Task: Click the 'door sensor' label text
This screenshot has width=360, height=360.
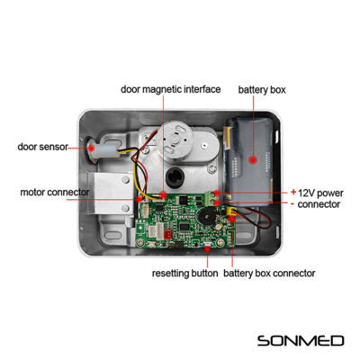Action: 43,147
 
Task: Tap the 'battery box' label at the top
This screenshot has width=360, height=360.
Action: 262,90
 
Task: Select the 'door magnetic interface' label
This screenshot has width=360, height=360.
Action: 170,89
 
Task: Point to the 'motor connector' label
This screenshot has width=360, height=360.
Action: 55,193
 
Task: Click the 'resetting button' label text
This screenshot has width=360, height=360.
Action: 184,274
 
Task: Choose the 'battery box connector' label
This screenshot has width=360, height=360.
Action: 269,274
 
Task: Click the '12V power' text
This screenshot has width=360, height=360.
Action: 320,193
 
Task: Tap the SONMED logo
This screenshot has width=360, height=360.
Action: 301,341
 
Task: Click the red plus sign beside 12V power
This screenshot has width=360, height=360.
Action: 293,192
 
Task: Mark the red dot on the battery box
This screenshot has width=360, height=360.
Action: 253,159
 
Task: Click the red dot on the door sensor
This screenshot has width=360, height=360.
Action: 92,148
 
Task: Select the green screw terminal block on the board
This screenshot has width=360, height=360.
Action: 212,198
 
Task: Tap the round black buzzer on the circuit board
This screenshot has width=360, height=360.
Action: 206,215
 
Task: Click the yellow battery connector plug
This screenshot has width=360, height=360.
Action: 230,211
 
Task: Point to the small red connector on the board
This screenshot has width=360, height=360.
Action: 167,234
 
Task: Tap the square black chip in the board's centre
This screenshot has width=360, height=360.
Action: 184,226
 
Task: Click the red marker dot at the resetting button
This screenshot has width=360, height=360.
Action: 208,248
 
